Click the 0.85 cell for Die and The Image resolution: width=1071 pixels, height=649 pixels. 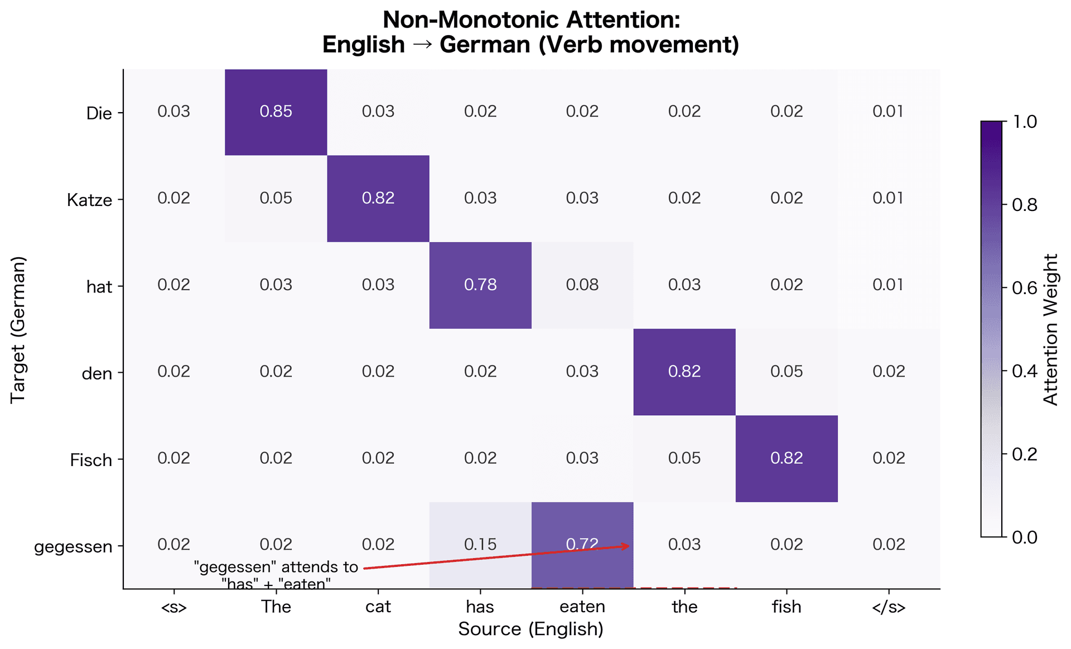pyautogui.click(x=276, y=112)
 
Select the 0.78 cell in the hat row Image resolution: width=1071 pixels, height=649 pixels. pyautogui.click(x=480, y=285)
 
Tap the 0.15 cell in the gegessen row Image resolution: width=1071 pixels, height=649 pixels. pyautogui.click(x=480, y=545)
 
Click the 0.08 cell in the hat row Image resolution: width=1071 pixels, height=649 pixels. pyautogui.click(x=582, y=285)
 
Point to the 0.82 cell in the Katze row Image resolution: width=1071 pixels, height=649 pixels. pyautogui.click(x=378, y=198)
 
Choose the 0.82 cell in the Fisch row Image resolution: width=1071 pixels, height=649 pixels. pyautogui.click(x=787, y=458)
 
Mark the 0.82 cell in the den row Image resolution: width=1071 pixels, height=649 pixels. pyautogui.click(x=684, y=372)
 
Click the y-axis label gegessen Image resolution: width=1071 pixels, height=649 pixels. pyautogui.click(x=73, y=547)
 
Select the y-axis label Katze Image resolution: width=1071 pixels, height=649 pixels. pyautogui.click(x=89, y=200)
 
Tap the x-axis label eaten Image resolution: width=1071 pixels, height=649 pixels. pyautogui.click(x=582, y=607)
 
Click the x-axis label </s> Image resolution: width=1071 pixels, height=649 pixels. pyautogui.click(x=889, y=607)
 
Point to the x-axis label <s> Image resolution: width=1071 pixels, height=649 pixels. pyautogui.click(x=173, y=607)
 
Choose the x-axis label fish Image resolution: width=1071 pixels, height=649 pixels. pyautogui.click(x=787, y=607)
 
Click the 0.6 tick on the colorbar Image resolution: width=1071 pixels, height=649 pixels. pyautogui.click(x=1025, y=288)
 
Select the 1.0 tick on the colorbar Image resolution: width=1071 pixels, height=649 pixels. pyautogui.click(x=1025, y=122)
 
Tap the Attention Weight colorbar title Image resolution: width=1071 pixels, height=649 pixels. pyautogui.click(x=1051, y=329)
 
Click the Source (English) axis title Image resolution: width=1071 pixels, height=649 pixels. pyautogui.click(x=531, y=629)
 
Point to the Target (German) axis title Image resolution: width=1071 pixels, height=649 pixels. pyautogui.click(x=18, y=329)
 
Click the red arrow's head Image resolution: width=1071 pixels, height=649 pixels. pyautogui.click(x=629, y=546)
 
